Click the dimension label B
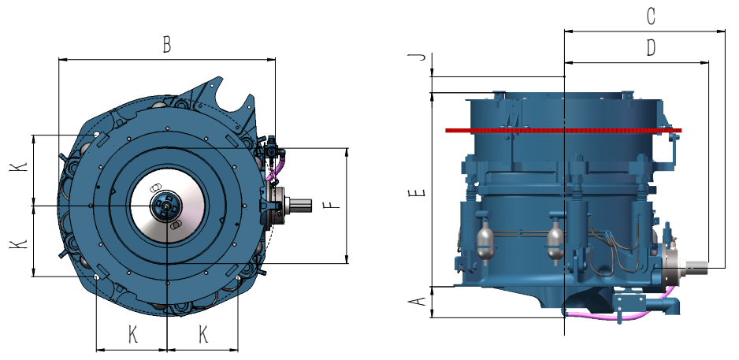(166, 45)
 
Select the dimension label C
(651, 17)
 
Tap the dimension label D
(651, 47)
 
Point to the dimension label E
(417, 192)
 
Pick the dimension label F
(332, 206)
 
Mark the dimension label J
(417, 57)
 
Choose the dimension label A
(417, 300)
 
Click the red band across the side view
(563, 130)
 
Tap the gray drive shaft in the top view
(299, 205)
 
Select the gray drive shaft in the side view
(696, 267)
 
